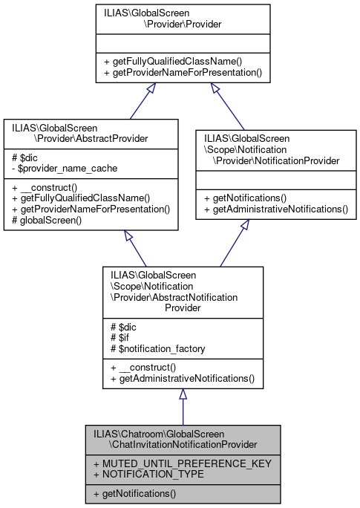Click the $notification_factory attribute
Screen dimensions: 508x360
pos(153,349)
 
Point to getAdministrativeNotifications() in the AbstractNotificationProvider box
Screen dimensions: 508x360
pos(182,379)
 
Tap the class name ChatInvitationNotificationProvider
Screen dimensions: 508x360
pos(182,439)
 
